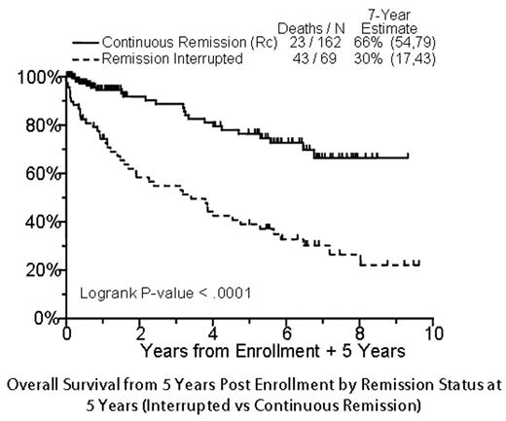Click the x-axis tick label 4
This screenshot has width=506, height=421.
[x=213, y=333]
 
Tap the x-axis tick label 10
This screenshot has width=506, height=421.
[x=434, y=333]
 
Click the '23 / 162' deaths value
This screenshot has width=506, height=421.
[x=311, y=43]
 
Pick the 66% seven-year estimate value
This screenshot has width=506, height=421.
[x=373, y=43]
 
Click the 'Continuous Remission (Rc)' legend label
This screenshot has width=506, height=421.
[x=179, y=43]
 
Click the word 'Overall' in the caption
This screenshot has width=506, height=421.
[x=35, y=382]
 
